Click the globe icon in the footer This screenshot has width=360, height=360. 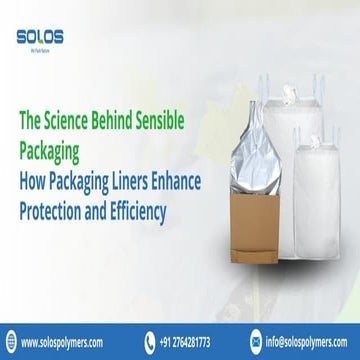[15, 339]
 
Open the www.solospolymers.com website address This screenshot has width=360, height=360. [69, 339]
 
